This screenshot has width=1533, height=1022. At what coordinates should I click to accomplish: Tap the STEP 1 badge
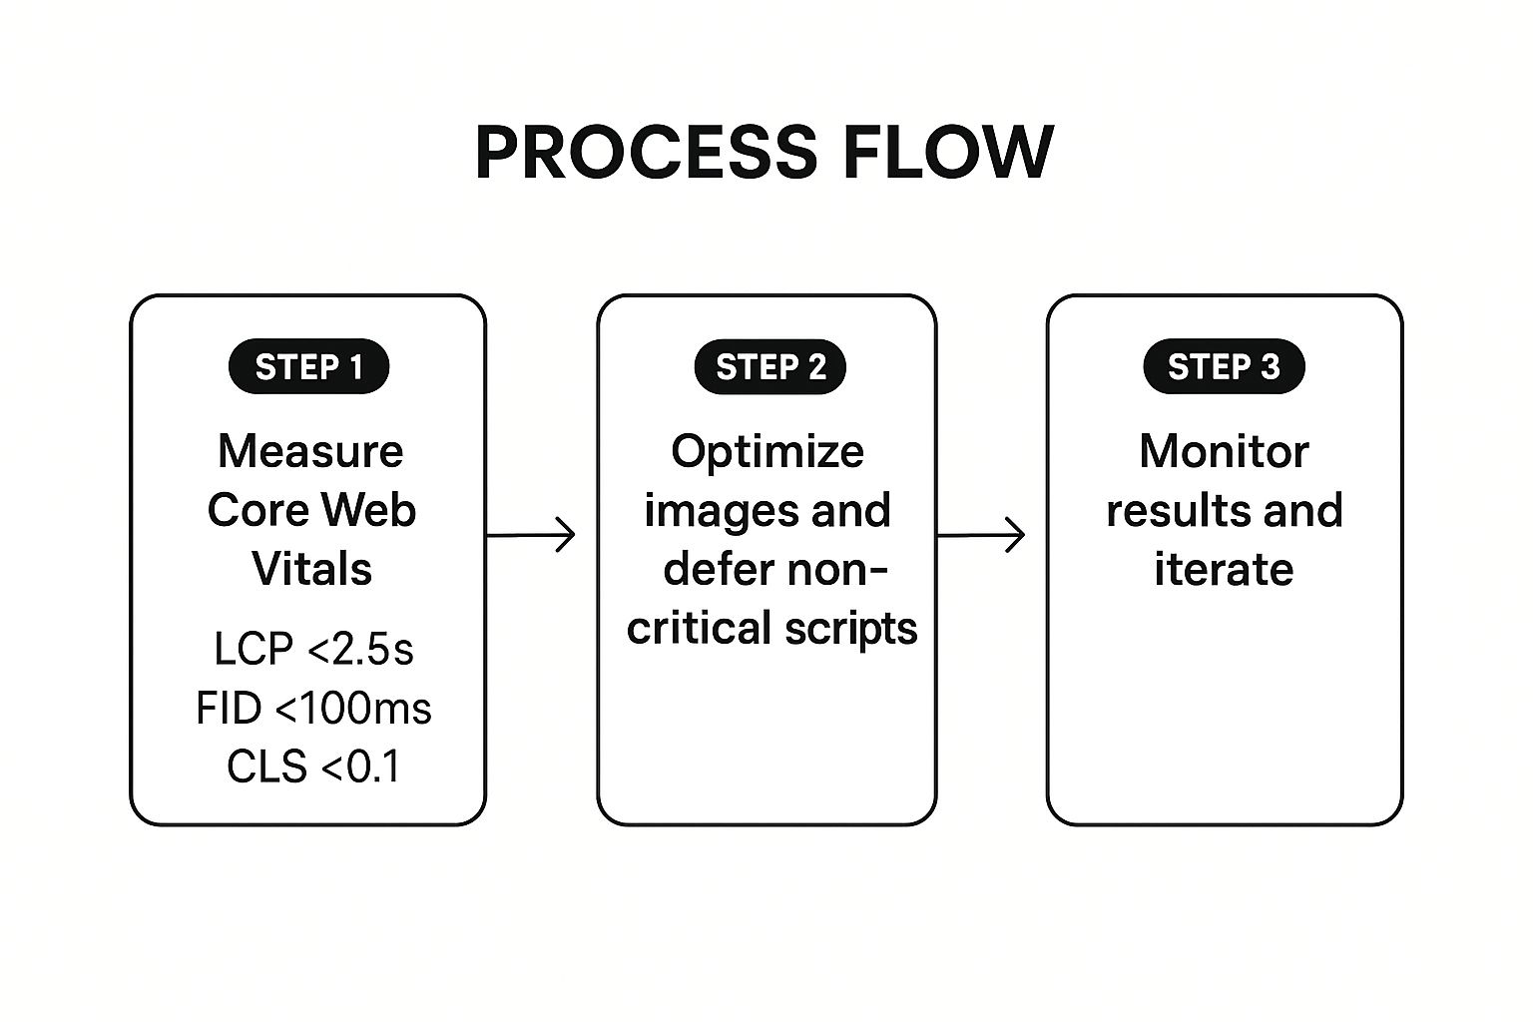tap(308, 367)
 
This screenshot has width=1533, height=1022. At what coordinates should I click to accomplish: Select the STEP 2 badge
tap(770, 367)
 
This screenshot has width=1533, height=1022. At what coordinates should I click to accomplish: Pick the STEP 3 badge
tap(1224, 367)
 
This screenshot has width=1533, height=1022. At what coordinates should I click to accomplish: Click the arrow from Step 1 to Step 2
tap(531, 535)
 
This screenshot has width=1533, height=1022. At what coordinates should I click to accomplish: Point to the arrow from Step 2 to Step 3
tap(981, 535)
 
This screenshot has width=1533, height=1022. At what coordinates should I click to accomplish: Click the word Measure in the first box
tap(310, 451)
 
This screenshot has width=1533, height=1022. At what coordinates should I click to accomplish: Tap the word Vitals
tap(311, 569)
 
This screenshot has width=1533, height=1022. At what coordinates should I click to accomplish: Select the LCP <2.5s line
tap(313, 649)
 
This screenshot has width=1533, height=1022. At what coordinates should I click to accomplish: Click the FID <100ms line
tap(313, 709)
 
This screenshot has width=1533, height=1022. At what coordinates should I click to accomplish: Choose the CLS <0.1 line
tap(313, 767)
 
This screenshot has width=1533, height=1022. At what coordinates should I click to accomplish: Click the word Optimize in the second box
tap(767, 452)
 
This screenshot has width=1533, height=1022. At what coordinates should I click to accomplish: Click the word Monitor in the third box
tap(1224, 451)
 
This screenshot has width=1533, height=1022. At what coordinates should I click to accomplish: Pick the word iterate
tap(1224, 570)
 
